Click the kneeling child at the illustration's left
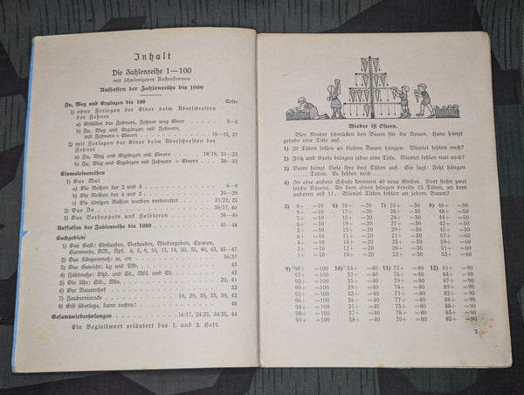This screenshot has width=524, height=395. tap(298, 108)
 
